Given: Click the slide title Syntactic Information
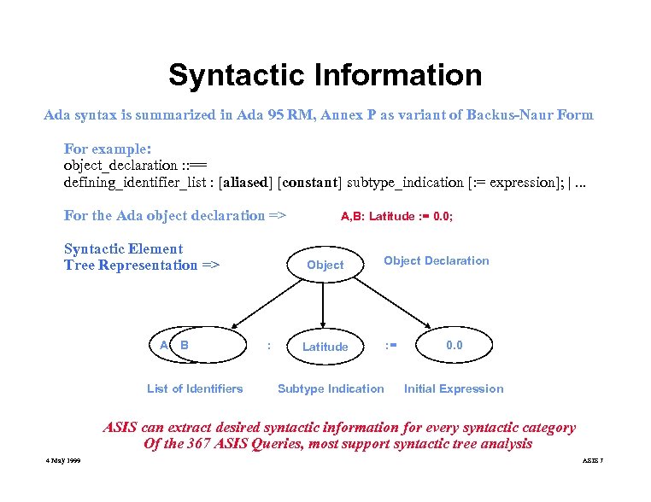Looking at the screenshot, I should pyautogui.click(x=325, y=75).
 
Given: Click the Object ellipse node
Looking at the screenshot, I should pyautogui.click(x=325, y=265).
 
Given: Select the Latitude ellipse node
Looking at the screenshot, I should pyautogui.click(x=325, y=347).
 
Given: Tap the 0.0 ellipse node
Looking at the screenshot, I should pyautogui.click(x=455, y=345).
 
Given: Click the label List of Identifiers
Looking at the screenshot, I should pyautogui.click(x=195, y=388).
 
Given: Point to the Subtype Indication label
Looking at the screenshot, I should pyautogui.click(x=331, y=388).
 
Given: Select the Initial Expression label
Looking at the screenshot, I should pyautogui.click(x=454, y=388).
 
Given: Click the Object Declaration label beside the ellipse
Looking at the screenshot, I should pyautogui.click(x=436, y=260).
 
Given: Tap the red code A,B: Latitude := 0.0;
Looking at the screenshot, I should pyautogui.click(x=396, y=217).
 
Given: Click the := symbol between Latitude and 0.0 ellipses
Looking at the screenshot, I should pyautogui.click(x=390, y=346).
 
